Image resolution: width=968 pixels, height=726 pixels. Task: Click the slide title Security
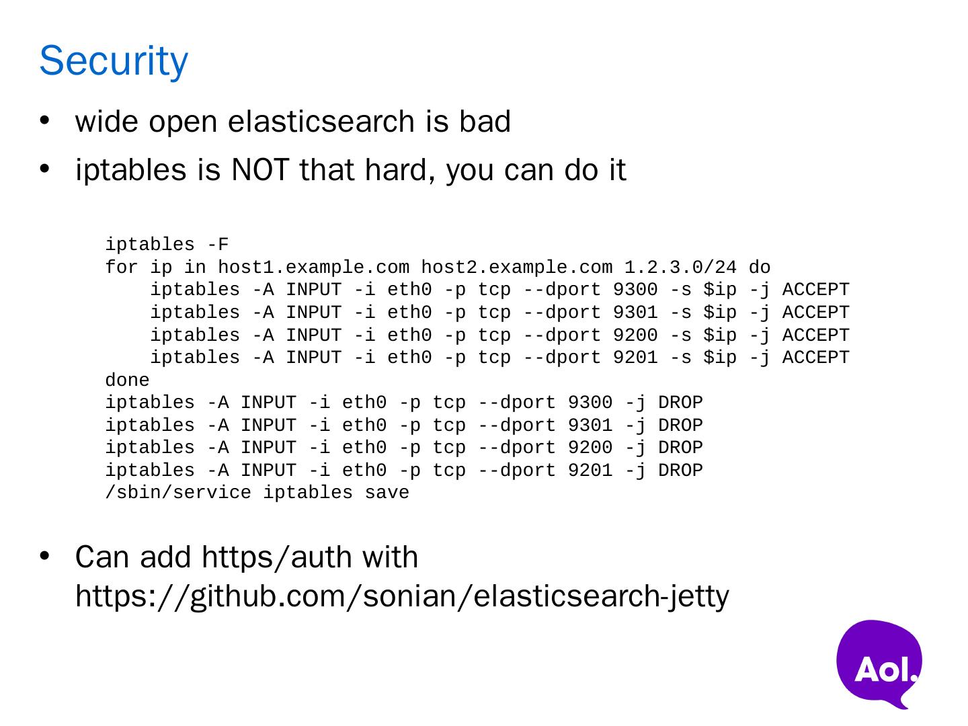[x=114, y=61]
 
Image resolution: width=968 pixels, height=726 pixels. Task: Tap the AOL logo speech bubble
[x=879, y=663]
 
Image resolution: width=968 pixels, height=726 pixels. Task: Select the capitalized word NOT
[x=259, y=169]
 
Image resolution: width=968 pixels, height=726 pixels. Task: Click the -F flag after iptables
[x=218, y=244]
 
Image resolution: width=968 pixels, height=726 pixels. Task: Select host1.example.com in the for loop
[x=313, y=268]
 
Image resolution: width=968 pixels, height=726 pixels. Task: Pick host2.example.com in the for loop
[x=517, y=268]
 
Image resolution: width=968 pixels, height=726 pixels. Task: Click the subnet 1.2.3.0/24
[x=680, y=268]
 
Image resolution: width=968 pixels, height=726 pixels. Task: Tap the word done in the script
[x=128, y=380]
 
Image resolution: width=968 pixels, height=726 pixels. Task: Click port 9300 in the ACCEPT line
[x=635, y=290]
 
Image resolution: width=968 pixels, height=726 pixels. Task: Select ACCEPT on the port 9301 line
[x=815, y=312]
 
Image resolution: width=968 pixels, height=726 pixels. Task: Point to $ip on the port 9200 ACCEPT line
[x=720, y=335]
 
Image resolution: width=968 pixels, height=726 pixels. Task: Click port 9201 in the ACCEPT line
[x=635, y=357]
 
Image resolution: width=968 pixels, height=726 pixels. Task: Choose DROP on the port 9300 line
[x=680, y=402]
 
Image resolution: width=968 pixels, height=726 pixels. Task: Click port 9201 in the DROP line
[x=590, y=470]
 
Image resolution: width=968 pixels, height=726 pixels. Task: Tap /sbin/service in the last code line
[x=178, y=492]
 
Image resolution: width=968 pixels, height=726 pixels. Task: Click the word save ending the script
[x=387, y=492]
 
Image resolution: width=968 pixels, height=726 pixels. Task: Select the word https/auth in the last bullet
[x=276, y=557]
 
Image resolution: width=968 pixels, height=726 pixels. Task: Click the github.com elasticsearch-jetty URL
[x=402, y=597]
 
